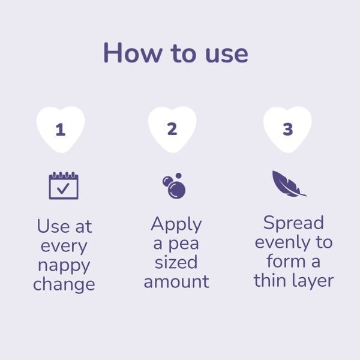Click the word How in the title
click(x=133, y=53)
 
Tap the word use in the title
click(x=227, y=55)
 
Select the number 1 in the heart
click(x=61, y=130)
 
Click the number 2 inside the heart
click(x=172, y=129)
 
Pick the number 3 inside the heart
click(x=288, y=129)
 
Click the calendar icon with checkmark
click(x=64, y=185)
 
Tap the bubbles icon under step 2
click(x=174, y=185)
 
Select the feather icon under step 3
click(x=289, y=184)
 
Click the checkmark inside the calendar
click(x=63, y=188)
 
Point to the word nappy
click(x=64, y=266)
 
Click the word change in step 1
click(x=64, y=284)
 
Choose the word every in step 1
click(x=64, y=247)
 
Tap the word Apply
click(x=176, y=224)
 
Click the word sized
click(x=176, y=262)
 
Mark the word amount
click(x=176, y=282)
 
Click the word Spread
click(x=293, y=223)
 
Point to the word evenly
click(x=282, y=243)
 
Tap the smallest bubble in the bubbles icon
click(x=179, y=176)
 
